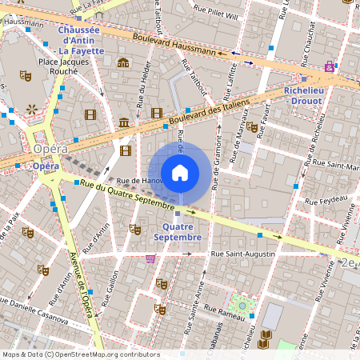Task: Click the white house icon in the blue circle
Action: click(x=180, y=173)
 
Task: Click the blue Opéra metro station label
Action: click(x=46, y=165)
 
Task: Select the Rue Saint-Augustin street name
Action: click(x=242, y=254)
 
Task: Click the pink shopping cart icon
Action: click(x=150, y=258)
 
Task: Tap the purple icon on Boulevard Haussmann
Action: click(x=329, y=66)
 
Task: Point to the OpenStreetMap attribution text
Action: click(x=80, y=354)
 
